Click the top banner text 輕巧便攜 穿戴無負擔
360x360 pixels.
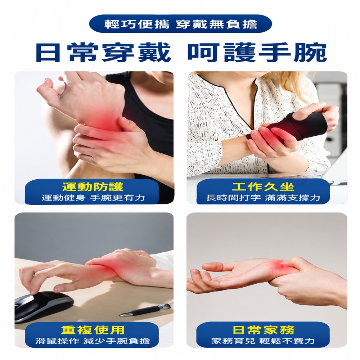pos(181,24)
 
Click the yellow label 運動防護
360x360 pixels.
pos(93,187)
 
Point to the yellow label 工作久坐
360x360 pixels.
pos(263,187)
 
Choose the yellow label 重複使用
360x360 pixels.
pos(93,330)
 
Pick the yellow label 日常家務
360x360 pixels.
pos(264,330)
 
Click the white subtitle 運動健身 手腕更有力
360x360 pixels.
pos(93,197)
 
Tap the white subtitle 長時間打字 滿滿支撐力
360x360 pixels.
pos(263,197)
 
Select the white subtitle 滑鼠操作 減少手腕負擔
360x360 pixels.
pos(93,341)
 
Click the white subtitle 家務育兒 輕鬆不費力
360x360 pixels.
pos(263,341)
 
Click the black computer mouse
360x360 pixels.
pos(44,305)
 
